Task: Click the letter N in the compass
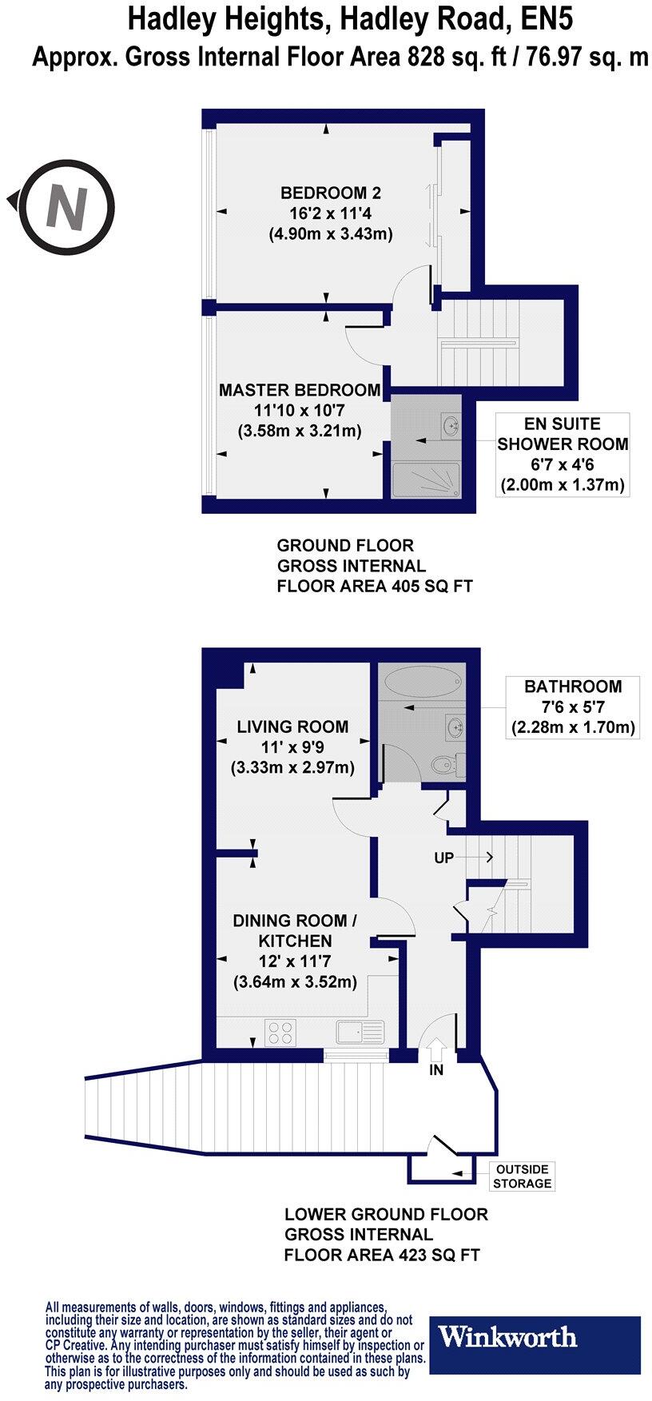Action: pos(67,205)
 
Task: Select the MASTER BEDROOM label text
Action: pos(300,390)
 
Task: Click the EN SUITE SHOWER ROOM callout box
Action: pos(563,454)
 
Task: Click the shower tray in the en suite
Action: pos(425,481)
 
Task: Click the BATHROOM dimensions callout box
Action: pos(572,706)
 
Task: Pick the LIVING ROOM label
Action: pos(292,726)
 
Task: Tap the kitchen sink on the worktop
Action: pos(360,1032)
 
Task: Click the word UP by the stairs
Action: pos(443,858)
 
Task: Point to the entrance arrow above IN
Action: pos(436,1046)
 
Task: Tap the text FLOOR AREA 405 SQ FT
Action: pos(375,586)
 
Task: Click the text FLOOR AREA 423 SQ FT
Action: pos(382,1255)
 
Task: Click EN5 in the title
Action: pos(546,18)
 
